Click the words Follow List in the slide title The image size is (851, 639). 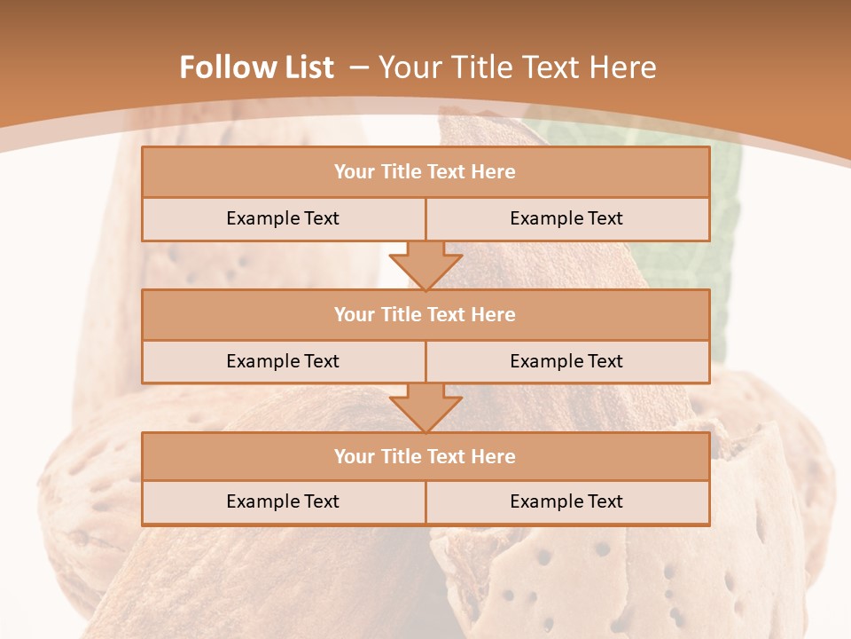coord(256,67)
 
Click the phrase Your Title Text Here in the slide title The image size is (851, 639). coord(518,67)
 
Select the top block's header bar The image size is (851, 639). coord(425,172)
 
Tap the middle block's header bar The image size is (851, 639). coord(425,315)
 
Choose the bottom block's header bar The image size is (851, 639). coord(425,457)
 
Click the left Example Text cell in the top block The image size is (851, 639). coord(283,219)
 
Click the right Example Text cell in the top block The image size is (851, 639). coord(567,219)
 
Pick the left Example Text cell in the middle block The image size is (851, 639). coord(283,362)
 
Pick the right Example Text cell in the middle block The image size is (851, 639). coord(567,362)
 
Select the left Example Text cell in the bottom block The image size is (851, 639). coord(283,502)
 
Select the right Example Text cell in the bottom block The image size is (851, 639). coord(567,502)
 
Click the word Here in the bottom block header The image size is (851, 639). coord(494,457)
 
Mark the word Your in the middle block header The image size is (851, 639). coord(354,315)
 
